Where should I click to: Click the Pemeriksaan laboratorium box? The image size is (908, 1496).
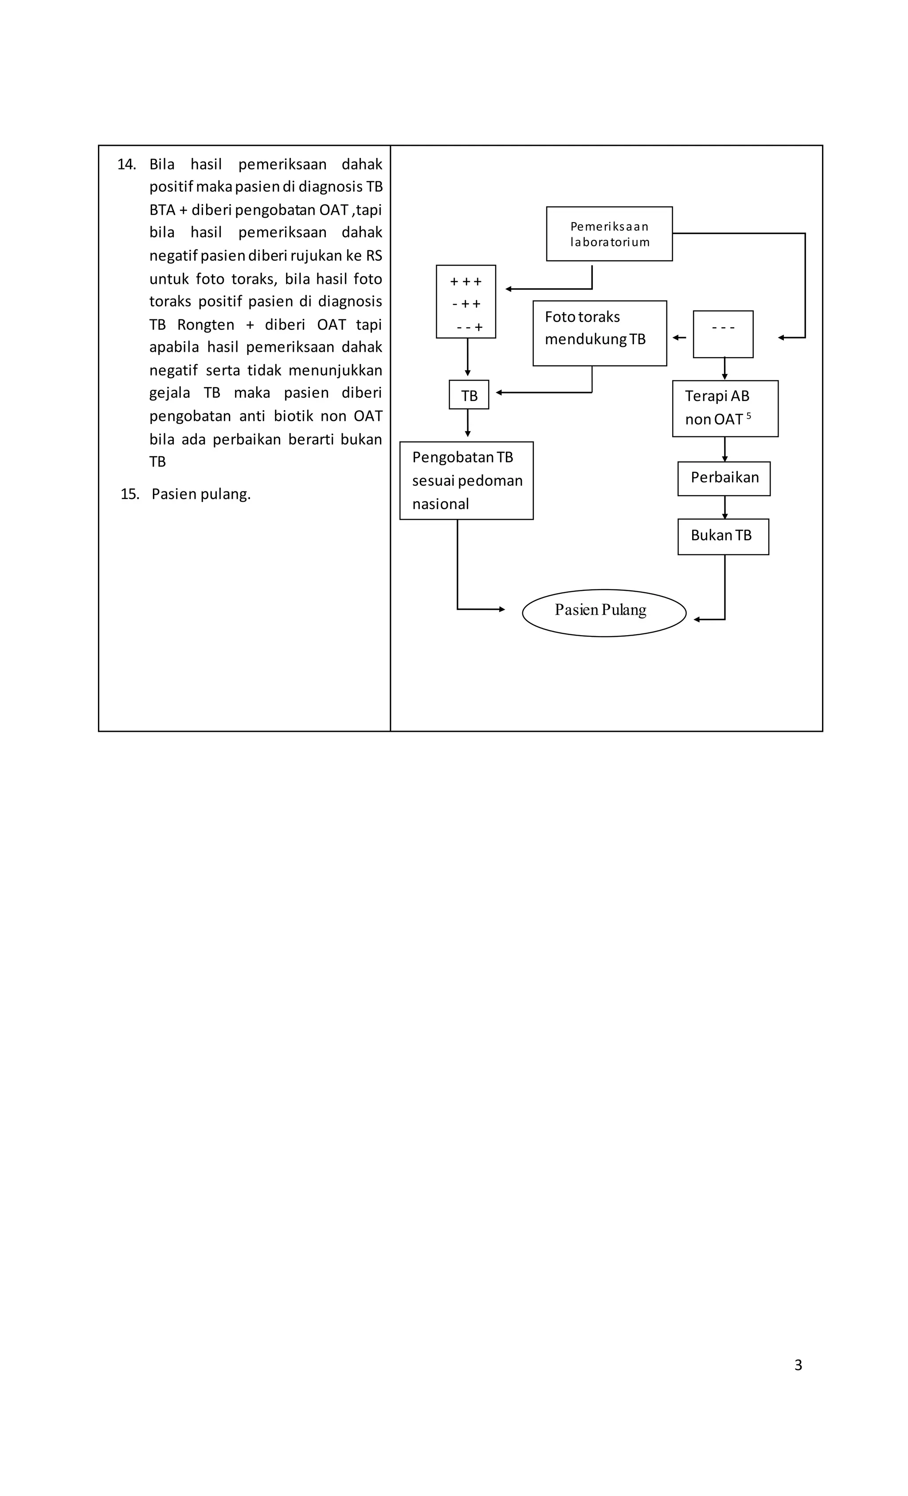609,234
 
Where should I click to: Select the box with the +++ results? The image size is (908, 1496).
466,302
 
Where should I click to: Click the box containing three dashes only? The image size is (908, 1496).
723,334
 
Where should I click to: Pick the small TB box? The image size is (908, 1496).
469,395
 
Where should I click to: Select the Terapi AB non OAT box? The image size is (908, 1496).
725,408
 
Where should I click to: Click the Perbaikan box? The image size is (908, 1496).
724,479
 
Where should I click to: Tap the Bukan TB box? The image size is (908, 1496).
723,536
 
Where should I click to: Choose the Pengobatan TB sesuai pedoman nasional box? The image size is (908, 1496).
466,480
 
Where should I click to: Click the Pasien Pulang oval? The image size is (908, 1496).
603,612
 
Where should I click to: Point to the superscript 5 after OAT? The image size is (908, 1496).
748,416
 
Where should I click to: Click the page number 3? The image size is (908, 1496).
798,1364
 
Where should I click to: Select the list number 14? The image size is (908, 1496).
126,165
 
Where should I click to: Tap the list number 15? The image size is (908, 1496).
130,494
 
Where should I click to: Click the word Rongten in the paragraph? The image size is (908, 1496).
205,325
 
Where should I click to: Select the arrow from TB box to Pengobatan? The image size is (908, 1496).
467,423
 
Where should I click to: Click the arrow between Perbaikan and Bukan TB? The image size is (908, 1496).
724,507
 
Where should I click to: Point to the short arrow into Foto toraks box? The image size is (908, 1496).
679,338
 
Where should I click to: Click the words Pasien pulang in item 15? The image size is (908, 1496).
201,494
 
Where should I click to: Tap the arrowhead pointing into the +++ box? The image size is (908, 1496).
509,289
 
